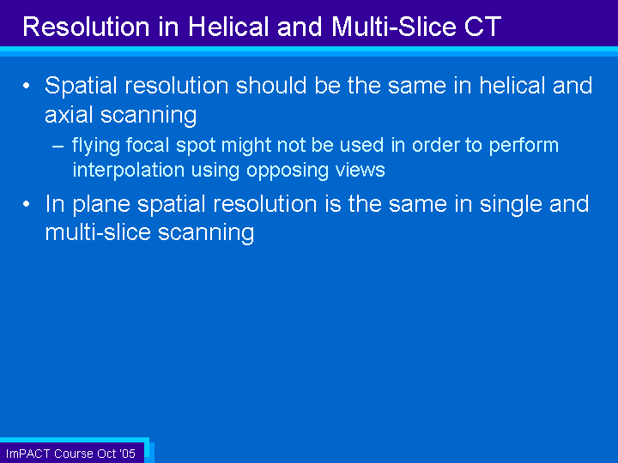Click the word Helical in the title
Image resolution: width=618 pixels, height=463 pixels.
click(228, 27)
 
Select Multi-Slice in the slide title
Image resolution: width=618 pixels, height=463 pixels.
click(393, 27)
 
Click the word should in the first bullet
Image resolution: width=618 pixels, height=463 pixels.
click(271, 86)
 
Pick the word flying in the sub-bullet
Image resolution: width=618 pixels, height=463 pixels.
click(96, 146)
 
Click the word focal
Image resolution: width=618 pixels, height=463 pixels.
click(148, 145)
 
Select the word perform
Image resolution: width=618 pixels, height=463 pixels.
click(524, 146)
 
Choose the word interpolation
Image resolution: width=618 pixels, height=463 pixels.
click(129, 171)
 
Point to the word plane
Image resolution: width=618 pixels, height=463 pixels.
click(101, 204)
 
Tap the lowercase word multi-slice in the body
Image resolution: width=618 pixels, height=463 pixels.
click(98, 231)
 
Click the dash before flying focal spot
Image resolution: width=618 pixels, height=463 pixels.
click(58, 147)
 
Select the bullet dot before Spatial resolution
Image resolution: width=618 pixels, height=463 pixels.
click(26, 86)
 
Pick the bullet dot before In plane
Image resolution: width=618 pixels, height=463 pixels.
click(26, 204)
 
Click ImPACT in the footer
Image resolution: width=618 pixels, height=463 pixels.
click(27, 454)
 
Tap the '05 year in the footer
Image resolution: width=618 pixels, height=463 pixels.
click(127, 454)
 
